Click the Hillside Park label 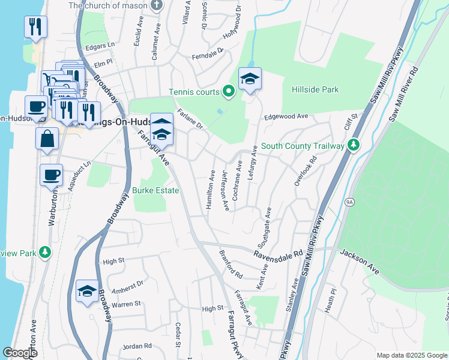point(315,90)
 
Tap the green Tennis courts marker point(228,92)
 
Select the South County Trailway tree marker point(354,146)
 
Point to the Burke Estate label point(155,190)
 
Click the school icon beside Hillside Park point(250,79)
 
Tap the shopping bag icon point(47,139)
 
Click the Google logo point(20,353)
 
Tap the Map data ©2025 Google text point(411,355)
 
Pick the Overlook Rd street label point(305,171)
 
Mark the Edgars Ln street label point(100,45)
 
